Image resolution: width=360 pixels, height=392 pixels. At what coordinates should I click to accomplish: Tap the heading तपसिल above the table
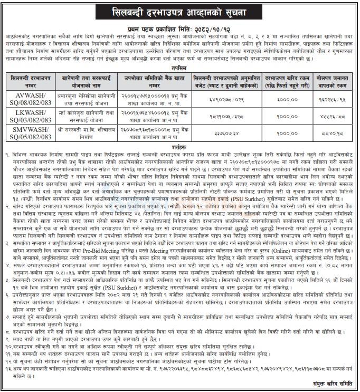(x=179, y=68)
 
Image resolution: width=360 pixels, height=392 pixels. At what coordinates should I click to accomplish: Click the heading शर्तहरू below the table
(x=179, y=148)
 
